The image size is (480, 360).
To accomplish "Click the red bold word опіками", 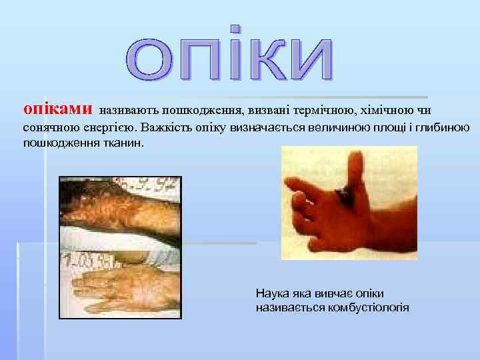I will pyautogui.click(x=57, y=108).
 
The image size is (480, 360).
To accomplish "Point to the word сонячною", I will pyautogui.click(x=51, y=127).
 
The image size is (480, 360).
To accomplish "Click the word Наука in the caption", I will pyautogui.click(x=271, y=293).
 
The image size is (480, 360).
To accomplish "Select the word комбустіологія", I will pyautogui.click(x=371, y=307).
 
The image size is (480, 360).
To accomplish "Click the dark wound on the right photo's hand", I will pyautogui.click(x=346, y=194).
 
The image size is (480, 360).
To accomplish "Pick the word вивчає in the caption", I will pyautogui.click(x=322, y=293).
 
